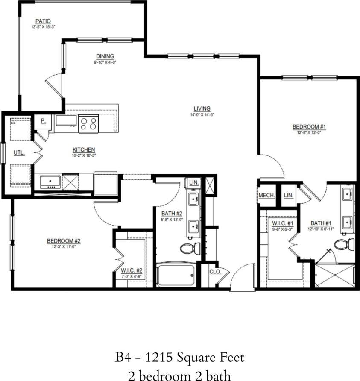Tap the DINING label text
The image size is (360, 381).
click(x=105, y=56)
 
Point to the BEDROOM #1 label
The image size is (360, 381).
click(x=309, y=127)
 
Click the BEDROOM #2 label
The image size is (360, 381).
click(x=64, y=241)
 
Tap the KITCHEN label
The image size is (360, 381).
click(x=84, y=150)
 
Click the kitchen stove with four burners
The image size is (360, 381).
click(x=88, y=123)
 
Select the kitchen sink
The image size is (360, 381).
click(x=50, y=182)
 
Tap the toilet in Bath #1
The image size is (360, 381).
click(x=345, y=245)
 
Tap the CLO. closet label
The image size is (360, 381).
click(x=214, y=272)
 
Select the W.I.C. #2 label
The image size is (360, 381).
click(x=131, y=270)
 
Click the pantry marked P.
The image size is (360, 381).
click(x=43, y=121)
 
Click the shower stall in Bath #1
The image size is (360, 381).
click(x=335, y=276)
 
